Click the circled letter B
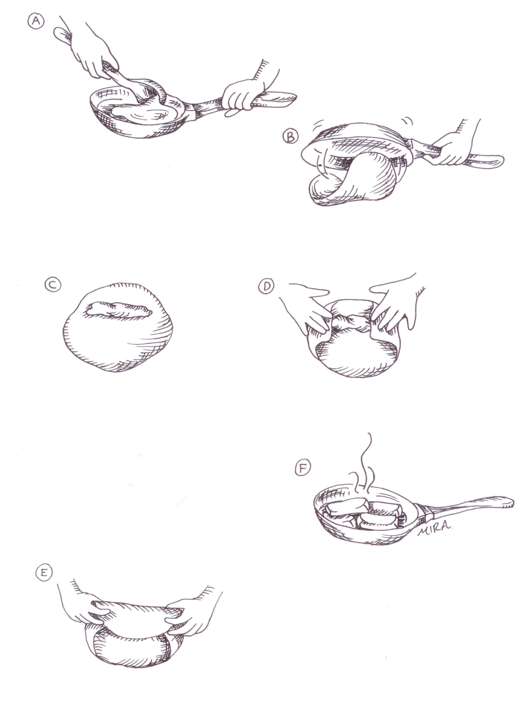pyautogui.click(x=290, y=136)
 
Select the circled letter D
pyautogui.click(x=266, y=286)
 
